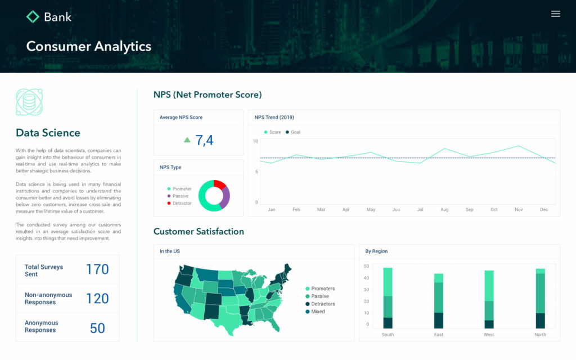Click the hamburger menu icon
point(555,14)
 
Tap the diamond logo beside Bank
point(33,17)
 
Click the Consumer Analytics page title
point(88,46)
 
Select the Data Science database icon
point(29,102)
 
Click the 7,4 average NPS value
point(204,140)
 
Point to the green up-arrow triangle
point(187,140)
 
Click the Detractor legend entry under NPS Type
point(182,203)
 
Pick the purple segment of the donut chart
point(225,197)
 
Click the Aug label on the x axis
point(444,210)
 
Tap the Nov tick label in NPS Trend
point(519,210)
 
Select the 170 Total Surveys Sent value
point(97,269)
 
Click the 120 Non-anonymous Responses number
point(97,299)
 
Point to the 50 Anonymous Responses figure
point(97,328)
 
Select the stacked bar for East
point(439,301)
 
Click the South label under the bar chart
point(388,335)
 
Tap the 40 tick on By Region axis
point(366,278)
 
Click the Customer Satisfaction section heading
point(199,231)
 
